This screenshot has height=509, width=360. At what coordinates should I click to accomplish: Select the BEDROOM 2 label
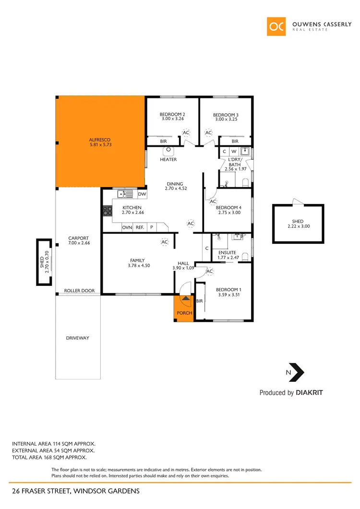pos(172,115)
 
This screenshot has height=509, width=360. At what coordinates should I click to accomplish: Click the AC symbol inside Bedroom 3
pos(208,132)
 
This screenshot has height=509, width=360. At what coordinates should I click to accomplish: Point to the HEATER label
pos(168,160)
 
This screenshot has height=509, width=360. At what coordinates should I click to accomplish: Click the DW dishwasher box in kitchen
pos(142,194)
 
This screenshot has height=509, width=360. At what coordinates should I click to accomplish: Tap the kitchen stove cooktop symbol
pos(106,211)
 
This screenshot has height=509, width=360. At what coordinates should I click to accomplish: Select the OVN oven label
pos(127,227)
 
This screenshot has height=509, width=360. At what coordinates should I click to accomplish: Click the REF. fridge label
pos(140,227)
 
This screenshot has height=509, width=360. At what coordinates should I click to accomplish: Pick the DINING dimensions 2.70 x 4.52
pos(176,189)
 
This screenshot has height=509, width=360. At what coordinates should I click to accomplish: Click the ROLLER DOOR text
pos(79,291)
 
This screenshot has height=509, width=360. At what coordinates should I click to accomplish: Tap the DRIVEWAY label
pos(77,338)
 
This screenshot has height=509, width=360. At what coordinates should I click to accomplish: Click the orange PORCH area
pos(184,308)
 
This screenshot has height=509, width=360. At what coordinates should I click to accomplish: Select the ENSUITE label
pos(227,252)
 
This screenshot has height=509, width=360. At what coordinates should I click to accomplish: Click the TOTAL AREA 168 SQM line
pos(49,458)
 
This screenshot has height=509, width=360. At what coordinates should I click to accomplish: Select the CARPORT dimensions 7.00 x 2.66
pos(79,243)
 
